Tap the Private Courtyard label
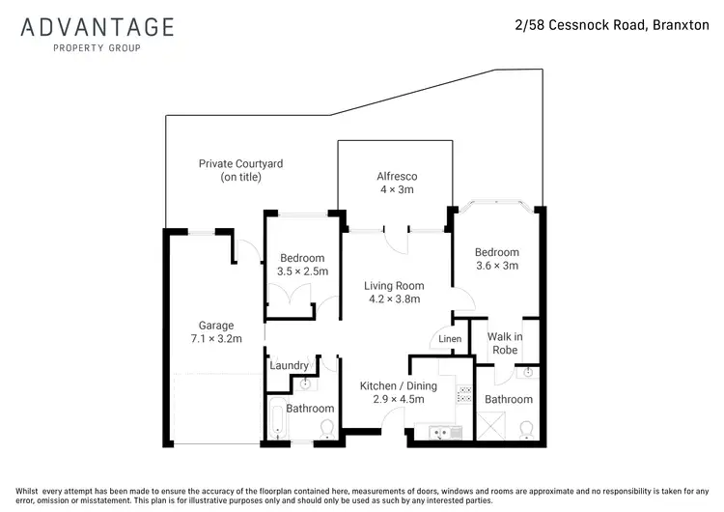240,171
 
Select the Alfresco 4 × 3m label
395,183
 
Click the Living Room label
394,293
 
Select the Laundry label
289,365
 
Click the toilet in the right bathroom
527,429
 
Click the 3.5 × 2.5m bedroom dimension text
304,272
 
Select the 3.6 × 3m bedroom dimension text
497,266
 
